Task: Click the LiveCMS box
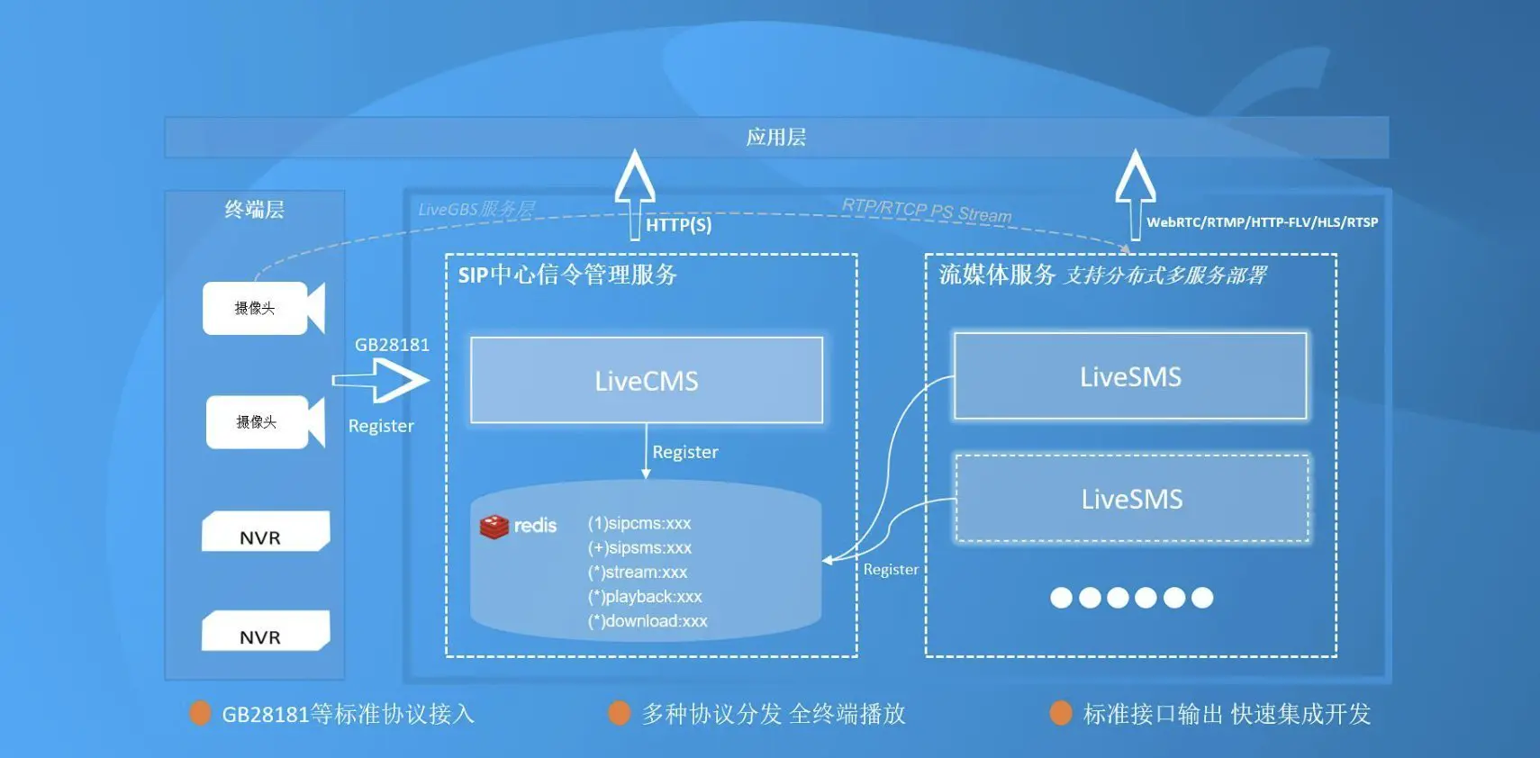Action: (647, 380)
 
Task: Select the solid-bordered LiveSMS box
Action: (1130, 376)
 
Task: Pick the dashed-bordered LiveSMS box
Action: (1131, 499)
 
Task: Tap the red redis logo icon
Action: (494, 527)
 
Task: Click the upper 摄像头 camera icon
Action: (263, 308)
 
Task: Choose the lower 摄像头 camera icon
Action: (265, 421)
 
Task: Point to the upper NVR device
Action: (265, 532)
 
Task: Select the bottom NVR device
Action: (265, 631)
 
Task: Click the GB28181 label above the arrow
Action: (392, 345)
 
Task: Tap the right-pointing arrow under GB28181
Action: (381, 381)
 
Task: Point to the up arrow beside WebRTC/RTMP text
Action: (1135, 192)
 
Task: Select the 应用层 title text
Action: (776, 137)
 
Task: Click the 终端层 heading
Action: (254, 210)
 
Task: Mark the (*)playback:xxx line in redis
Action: (645, 597)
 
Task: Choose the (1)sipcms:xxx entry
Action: (639, 523)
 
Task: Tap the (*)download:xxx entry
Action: (648, 621)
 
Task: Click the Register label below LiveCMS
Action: (685, 452)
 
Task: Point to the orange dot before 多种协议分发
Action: (620, 713)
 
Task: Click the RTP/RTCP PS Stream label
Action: (926, 211)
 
